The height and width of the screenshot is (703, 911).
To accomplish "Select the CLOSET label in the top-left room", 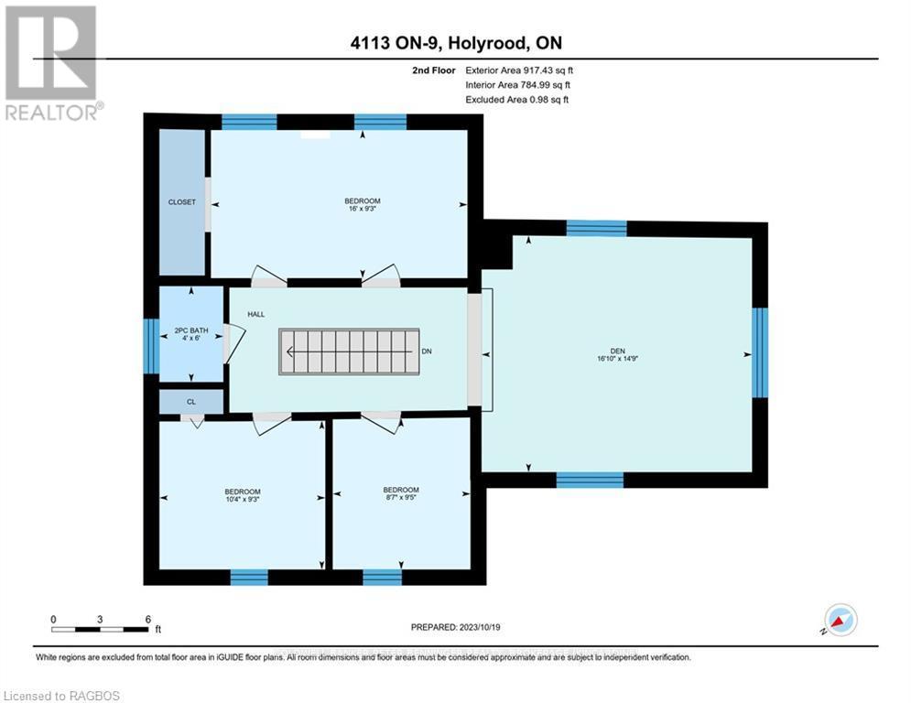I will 181,202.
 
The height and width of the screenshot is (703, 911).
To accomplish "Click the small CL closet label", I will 191,401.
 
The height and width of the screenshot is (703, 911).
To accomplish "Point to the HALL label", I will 255,314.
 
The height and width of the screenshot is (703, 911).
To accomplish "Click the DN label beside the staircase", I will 427,351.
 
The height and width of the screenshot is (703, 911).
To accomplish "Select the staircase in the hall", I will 349,351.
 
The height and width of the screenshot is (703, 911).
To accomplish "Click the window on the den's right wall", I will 759,352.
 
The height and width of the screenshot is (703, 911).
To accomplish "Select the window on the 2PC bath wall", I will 151,345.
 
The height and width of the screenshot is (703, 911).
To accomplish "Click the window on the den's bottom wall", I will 590,480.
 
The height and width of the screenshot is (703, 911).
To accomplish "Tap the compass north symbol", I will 840,620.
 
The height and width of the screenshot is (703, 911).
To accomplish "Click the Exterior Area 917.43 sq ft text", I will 519,70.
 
